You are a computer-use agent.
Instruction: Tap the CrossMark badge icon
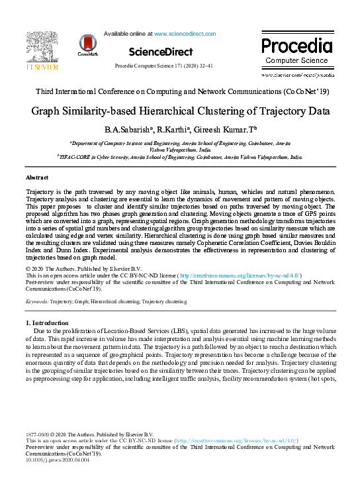point(88,44)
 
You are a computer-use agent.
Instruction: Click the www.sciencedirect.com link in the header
point(185,33)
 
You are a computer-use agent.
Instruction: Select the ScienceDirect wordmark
point(161,52)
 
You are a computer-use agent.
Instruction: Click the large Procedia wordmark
point(296,46)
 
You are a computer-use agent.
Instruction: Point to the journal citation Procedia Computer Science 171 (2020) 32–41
point(163,66)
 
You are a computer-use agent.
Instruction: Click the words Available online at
point(128,33)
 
